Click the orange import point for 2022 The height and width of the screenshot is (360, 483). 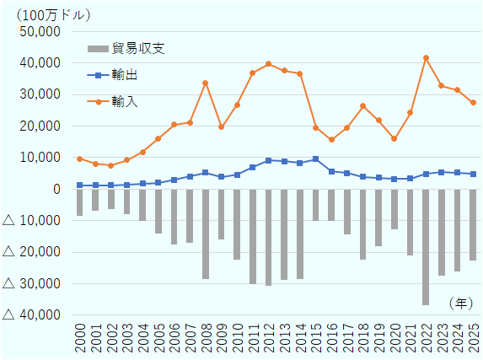(426, 58)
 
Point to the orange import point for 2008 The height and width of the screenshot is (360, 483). (205, 83)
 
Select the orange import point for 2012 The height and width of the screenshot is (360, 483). (268, 64)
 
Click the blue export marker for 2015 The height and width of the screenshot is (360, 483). (315, 159)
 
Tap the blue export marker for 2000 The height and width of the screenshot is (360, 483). (79, 185)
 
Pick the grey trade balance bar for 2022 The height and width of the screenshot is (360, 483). (426, 246)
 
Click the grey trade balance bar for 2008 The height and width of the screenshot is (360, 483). (205, 234)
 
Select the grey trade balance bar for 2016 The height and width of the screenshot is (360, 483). (331, 205)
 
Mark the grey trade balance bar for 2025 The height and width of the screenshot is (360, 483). (473, 224)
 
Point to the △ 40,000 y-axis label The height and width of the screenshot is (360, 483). (32, 315)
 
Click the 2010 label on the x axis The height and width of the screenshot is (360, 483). (237, 339)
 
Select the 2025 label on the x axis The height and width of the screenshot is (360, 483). (473, 339)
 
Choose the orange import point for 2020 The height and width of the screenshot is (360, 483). (394, 139)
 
